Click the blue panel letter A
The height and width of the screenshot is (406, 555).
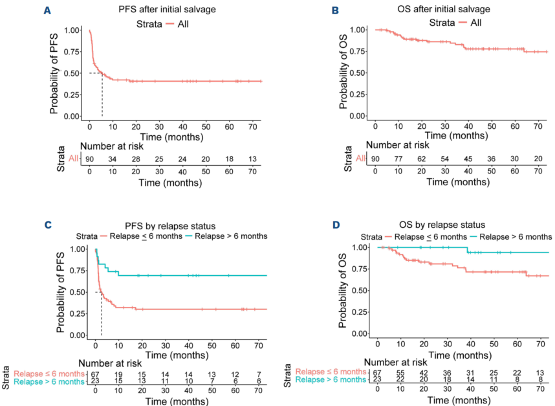pos(47,10)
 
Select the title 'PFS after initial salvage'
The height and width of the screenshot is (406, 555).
pos(167,9)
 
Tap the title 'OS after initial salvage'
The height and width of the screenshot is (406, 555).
pos(444,9)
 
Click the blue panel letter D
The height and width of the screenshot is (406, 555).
pos(336,225)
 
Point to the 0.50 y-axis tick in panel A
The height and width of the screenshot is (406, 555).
pos(72,73)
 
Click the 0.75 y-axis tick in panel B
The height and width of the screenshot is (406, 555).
pos(358,51)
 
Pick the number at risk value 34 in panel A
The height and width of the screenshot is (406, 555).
pos(112,159)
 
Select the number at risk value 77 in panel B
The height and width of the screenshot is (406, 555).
pos(398,159)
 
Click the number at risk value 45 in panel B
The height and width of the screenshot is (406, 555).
pos(468,159)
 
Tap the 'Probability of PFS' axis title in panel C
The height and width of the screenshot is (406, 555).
pos(60,292)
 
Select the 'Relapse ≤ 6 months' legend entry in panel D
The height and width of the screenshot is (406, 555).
pos(426,236)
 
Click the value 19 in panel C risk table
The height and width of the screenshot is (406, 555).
pos(118,374)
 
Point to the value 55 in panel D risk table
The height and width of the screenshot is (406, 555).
pos(400,373)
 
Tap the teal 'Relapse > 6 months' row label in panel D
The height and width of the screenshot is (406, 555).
pos(331,380)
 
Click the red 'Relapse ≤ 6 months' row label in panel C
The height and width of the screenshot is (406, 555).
pos(49,374)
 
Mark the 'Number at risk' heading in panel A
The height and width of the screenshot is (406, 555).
pos(112,146)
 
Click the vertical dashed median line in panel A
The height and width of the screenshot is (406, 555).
pos(102,95)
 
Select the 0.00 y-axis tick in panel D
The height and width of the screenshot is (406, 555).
pos(360,333)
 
